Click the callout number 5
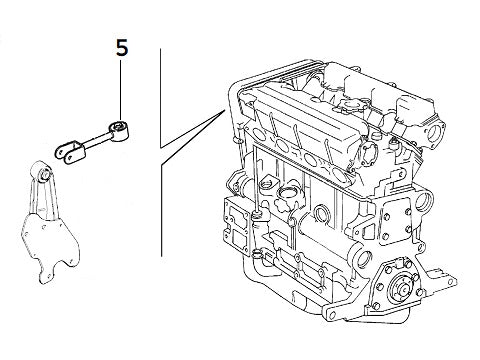coord(122,48)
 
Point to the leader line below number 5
coord(120,90)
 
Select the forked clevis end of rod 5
coord(70,152)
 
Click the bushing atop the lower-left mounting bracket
coord(43,172)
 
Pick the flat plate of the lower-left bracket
coord(49,248)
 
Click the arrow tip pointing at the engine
coord(223,111)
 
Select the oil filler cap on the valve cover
coord(349,105)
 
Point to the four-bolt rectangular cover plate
coord(396,221)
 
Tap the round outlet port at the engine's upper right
coord(434,133)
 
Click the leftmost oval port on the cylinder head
coord(259,134)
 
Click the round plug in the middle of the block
coord(322,213)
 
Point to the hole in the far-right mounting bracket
coord(451,281)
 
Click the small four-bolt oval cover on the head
coord(368,152)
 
